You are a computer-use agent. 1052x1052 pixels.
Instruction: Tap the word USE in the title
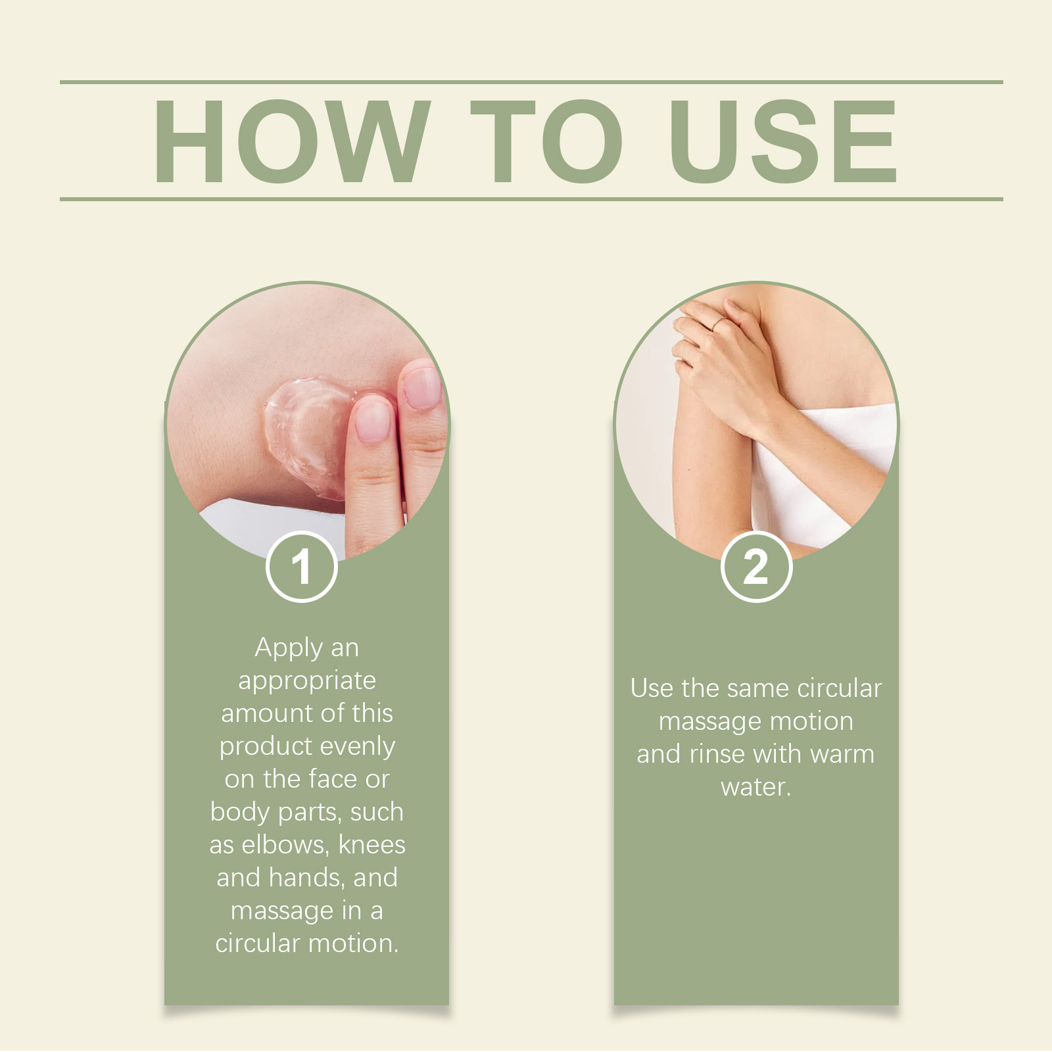(784, 141)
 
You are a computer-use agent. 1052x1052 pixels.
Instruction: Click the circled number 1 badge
(302, 567)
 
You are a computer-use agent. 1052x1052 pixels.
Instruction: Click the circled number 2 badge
(756, 567)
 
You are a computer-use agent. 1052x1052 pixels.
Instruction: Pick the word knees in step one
(372, 845)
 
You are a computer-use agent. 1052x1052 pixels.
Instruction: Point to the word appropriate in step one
(307, 682)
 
